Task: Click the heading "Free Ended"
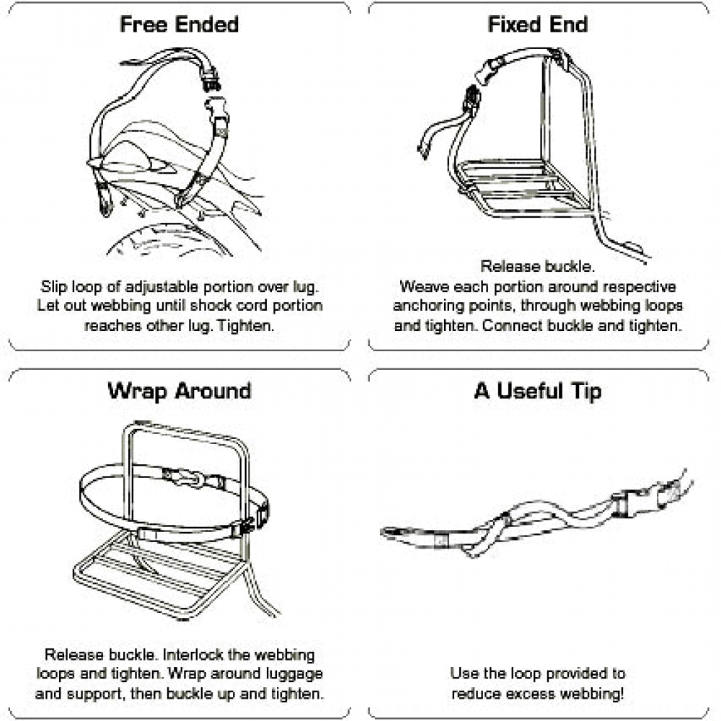pos(180,25)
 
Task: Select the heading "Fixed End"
pos(538,25)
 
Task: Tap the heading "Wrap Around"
pos(180,392)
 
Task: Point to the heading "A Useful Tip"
pos(538,392)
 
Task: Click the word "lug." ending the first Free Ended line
pos(306,287)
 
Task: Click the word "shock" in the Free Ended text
pos(211,306)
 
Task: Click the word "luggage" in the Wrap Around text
pos(294,674)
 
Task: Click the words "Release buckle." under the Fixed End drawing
pos(538,266)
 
